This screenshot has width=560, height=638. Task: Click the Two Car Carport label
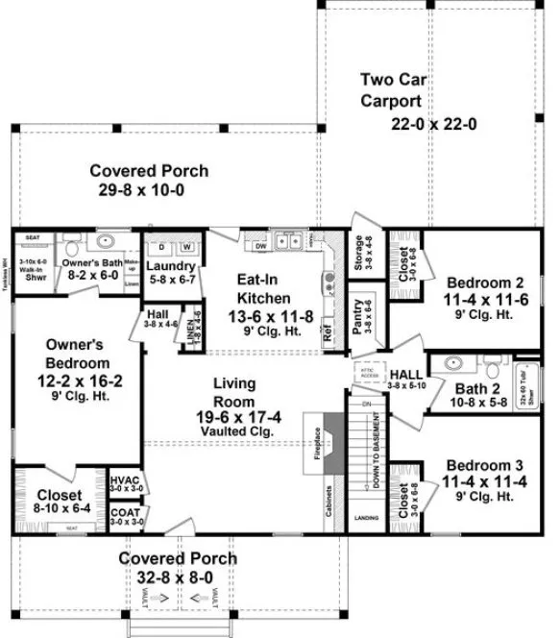(392, 88)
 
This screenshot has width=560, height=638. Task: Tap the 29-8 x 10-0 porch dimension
(149, 189)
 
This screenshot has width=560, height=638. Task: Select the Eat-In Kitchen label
(258, 280)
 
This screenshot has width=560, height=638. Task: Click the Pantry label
(356, 316)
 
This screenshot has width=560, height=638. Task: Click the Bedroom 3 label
(484, 467)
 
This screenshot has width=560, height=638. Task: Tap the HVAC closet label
(124, 480)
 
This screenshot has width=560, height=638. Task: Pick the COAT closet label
(124, 513)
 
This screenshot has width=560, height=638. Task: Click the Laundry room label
(173, 267)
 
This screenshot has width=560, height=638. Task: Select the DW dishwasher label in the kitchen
(260, 247)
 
